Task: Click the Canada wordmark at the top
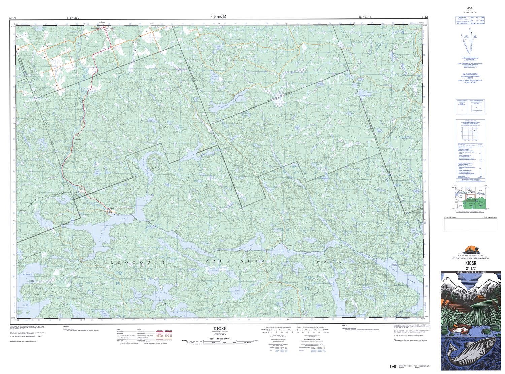pyautogui.click(x=218, y=17)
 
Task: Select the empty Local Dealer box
pyautogui.click(x=470, y=225)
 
